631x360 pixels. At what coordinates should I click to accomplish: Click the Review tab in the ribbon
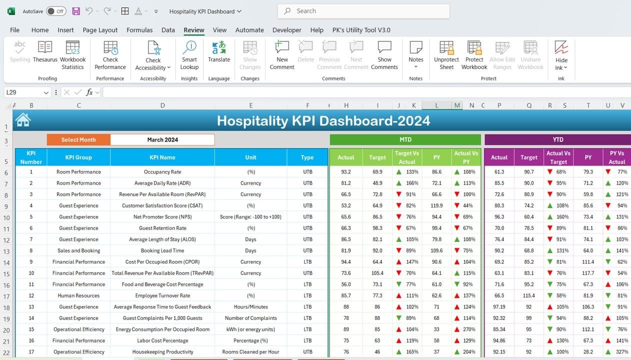tap(193, 30)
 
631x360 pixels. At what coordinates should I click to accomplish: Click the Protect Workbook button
tap(474, 55)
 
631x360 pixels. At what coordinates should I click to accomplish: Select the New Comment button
tap(282, 55)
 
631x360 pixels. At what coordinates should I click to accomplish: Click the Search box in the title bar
tap(363, 11)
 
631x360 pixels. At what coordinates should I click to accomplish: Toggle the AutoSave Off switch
tap(56, 11)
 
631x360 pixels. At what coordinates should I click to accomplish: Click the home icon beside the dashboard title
tap(22, 120)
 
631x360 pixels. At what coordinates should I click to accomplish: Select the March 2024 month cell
tap(162, 140)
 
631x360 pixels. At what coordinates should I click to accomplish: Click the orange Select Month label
tap(78, 140)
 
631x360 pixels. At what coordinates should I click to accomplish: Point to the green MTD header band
tap(405, 140)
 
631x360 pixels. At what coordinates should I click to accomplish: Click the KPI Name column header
tap(162, 157)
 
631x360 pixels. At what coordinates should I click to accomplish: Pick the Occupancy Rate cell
tap(162, 172)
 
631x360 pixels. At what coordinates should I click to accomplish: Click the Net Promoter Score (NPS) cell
tap(162, 217)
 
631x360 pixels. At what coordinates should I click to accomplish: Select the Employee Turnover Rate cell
tap(162, 295)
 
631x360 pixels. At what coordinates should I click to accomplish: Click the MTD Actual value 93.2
tap(345, 172)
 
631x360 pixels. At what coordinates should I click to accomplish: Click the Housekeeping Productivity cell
tap(162, 352)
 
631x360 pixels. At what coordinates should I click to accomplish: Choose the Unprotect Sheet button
tap(446, 55)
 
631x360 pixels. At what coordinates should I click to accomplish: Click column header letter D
tap(162, 105)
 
